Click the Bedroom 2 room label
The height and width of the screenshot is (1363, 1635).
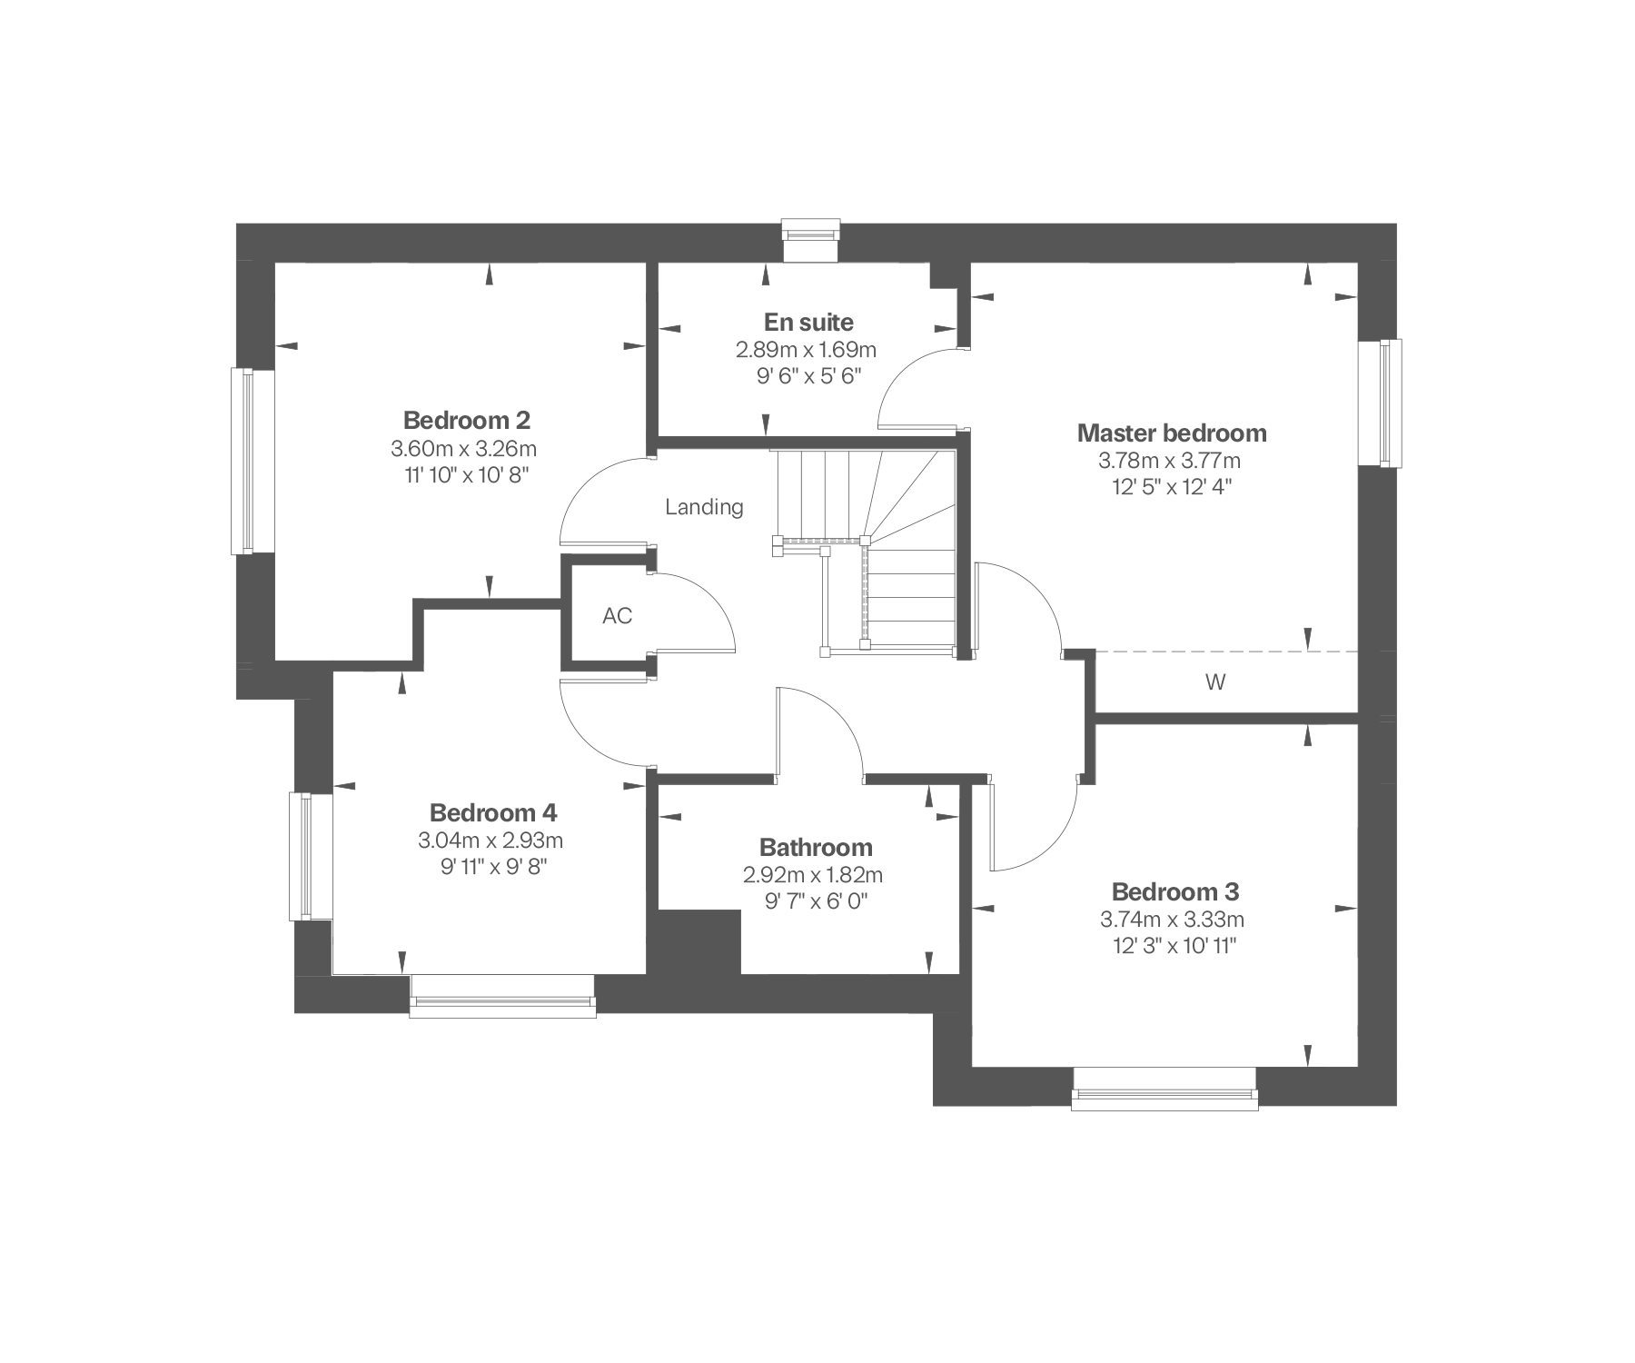tap(467, 421)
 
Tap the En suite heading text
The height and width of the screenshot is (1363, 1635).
tap(808, 323)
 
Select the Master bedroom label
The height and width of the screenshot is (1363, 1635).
tap(1172, 433)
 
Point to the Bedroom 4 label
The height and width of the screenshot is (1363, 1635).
tap(493, 812)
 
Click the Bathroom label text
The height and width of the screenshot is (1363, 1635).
tap(816, 848)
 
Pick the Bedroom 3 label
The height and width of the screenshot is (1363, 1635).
tap(1175, 891)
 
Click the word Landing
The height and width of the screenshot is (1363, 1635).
tap(704, 507)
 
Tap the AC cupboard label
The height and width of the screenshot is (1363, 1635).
tap(618, 616)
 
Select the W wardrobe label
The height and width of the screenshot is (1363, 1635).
tap(1215, 682)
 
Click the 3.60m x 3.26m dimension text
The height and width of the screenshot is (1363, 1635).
tap(464, 449)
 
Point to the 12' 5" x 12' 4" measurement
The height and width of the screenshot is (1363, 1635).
tap(1172, 487)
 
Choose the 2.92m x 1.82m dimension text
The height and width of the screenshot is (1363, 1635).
tap(813, 876)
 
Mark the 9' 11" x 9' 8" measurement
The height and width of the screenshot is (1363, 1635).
tap(493, 867)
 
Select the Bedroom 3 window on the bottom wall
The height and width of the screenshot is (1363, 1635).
tap(1164, 1088)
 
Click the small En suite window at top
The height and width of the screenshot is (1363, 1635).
tap(811, 240)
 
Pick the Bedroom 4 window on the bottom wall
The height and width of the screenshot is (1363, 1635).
tap(502, 996)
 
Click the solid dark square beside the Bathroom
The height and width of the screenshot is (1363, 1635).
tap(699, 942)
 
